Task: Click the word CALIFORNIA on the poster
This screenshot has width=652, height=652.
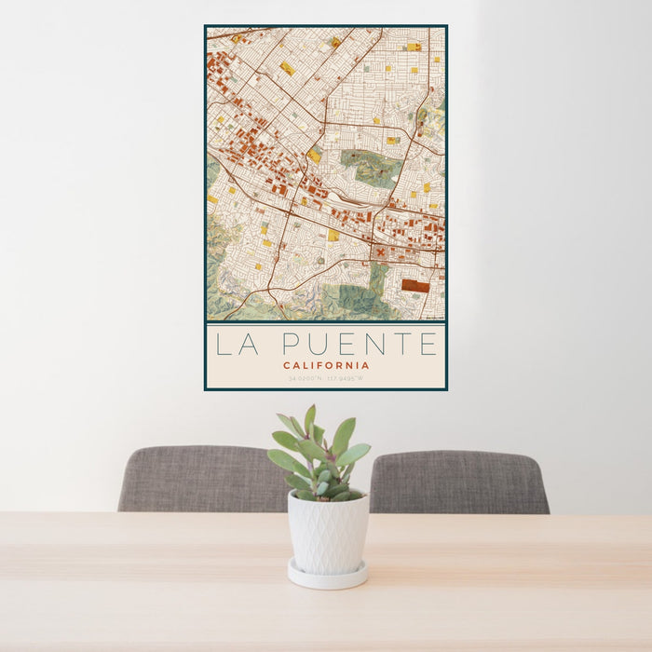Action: click(326, 365)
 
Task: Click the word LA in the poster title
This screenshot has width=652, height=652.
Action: click(235, 345)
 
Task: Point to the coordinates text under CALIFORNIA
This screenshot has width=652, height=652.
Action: click(326, 379)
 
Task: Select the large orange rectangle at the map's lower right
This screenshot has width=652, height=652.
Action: click(415, 286)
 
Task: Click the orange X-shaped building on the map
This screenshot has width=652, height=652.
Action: click(380, 251)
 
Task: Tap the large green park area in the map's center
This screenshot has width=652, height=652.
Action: click(373, 168)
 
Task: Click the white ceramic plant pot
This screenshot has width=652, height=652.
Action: click(327, 533)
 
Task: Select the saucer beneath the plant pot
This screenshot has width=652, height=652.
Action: click(327, 576)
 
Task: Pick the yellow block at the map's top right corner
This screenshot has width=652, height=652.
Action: click(414, 47)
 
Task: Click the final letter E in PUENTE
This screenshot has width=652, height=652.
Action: click(428, 345)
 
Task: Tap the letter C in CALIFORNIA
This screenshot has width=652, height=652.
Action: click(288, 365)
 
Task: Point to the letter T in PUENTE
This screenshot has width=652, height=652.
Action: click(400, 345)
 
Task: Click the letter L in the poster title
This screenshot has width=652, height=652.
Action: click(223, 345)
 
